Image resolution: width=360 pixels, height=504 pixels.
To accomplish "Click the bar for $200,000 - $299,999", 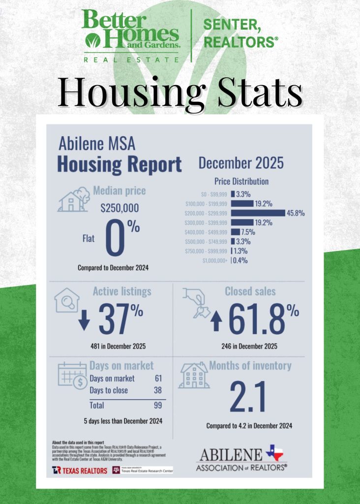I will click(258, 213).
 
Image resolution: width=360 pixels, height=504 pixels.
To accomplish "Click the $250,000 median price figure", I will click(119, 208).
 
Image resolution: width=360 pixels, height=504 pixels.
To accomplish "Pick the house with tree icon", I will click(74, 199).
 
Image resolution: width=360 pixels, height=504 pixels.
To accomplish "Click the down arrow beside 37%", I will click(85, 320).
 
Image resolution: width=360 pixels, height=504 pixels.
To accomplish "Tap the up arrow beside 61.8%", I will click(216, 321).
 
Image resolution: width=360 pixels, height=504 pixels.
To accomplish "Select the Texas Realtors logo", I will click(79, 471).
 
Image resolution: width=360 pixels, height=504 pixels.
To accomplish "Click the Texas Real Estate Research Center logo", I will click(143, 470).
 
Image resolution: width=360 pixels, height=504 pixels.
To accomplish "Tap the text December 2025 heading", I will click(241, 163).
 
